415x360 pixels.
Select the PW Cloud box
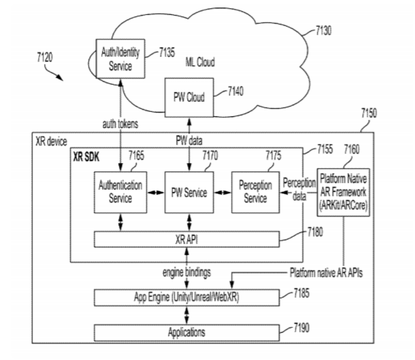pos(188,97)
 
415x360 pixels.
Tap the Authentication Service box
pos(121,192)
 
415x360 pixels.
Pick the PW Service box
pos(188,192)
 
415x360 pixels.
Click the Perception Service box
pos(254,192)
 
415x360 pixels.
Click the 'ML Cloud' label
pos(200,63)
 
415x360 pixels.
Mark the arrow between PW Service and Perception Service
pos(222,193)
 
